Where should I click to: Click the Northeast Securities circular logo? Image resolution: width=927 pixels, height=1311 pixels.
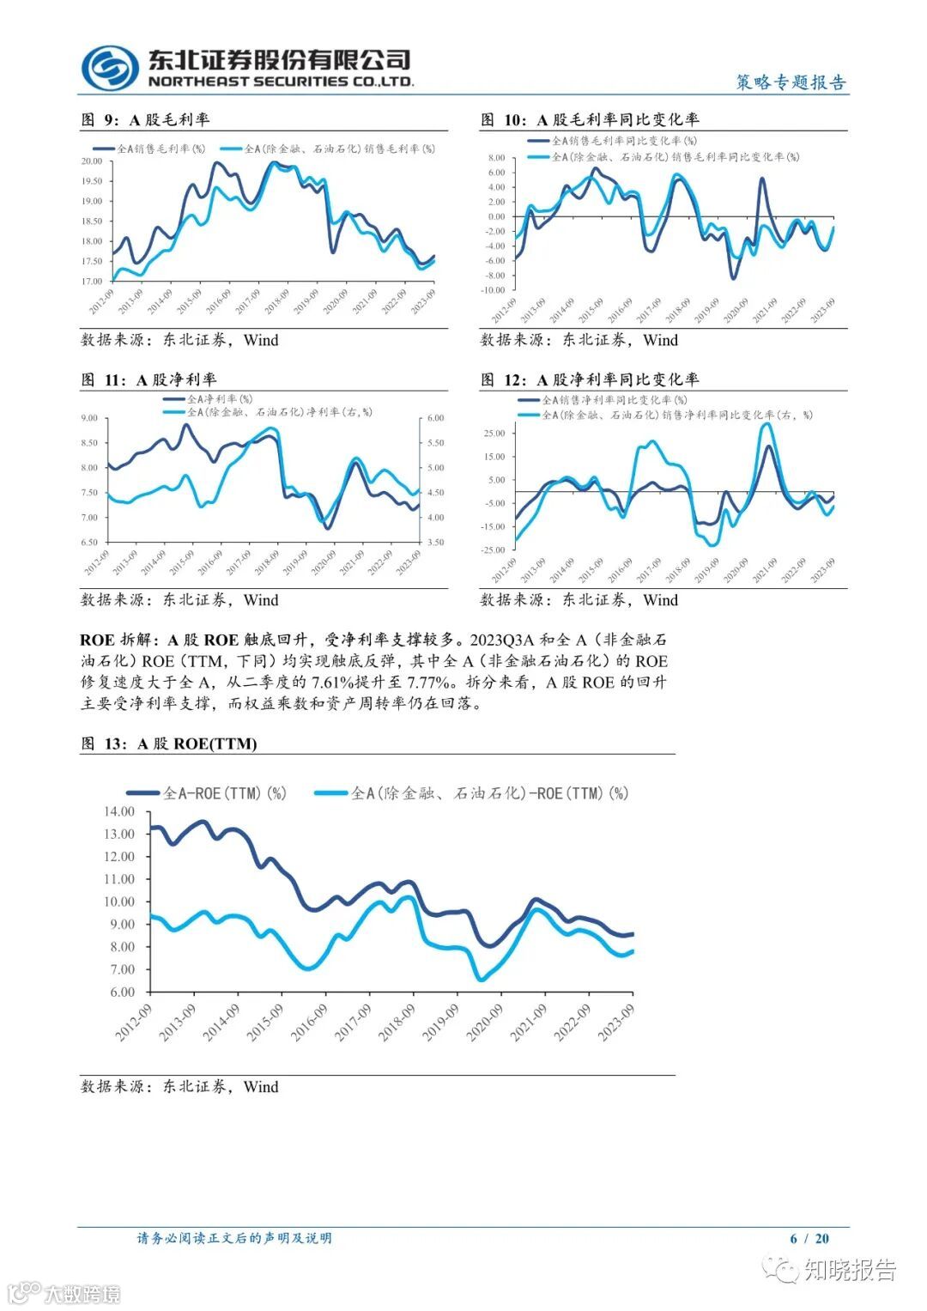coord(110,67)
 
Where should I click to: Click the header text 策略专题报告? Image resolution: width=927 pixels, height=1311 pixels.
coord(791,82)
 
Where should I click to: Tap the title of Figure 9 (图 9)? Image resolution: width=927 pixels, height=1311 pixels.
coord(145,120)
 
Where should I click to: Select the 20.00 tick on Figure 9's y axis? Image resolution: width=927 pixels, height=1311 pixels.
coord(92,161)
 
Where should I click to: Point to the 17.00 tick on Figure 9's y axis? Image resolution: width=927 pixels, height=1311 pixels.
coord(92,281)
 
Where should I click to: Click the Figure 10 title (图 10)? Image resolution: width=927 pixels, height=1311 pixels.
coord(590,120)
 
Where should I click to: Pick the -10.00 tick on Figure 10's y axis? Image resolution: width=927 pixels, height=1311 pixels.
coord(493,290)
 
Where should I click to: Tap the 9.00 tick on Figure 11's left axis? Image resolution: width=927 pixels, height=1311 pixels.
coord(89,418)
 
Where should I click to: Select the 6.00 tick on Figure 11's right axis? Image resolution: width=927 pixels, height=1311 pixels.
coord(435,418)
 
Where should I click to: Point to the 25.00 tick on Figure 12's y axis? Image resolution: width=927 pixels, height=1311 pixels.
coord(494,433)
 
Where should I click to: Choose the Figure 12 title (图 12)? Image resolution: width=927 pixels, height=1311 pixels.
coord(590,379)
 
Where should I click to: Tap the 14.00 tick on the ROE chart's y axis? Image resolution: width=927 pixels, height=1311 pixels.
coord(119,811)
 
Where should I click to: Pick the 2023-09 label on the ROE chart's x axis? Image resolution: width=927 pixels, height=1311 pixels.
coord(616,1022)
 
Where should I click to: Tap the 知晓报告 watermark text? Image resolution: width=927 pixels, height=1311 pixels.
coord(850,1270)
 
